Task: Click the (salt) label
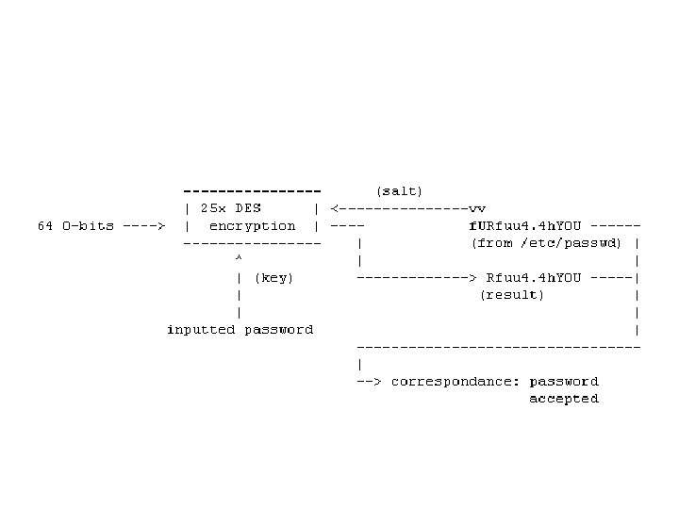click(400, 190)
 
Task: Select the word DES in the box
click(249, 208)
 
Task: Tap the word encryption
click(252, 226)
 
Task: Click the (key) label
click(273, 277)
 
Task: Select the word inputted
click(201, 330)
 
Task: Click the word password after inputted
click(278, 330)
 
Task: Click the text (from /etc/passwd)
click(546, 243)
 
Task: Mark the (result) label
click(512, 295)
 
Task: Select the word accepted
click(563, 399)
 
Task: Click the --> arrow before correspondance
click(369, 382)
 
